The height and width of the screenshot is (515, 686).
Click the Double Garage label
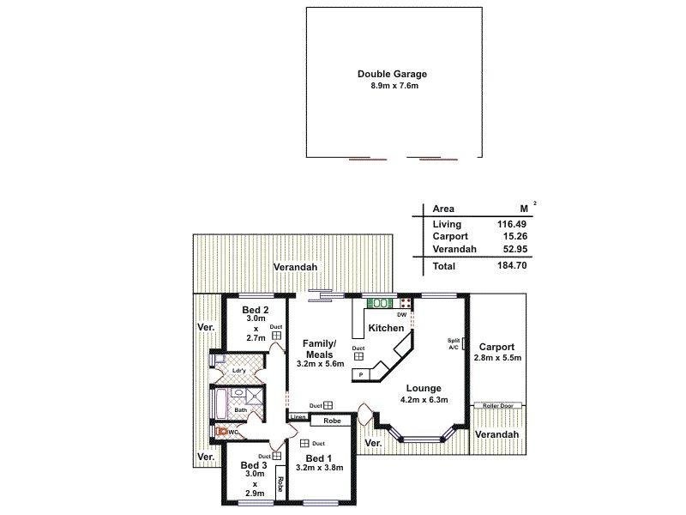click(x=392, y=75)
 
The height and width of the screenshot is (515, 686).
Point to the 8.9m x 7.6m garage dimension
click(x=392, y=87)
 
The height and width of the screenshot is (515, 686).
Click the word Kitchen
click(x=386, y=329)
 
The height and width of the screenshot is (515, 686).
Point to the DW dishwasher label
click(x=401, y=315)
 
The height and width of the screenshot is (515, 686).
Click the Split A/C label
click(x=454, y=343)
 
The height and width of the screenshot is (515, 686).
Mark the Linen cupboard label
click(x=298, y=417)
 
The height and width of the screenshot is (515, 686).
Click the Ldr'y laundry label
click(x=240, y=372)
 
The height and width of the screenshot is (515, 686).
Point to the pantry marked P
click(x=362, y=374)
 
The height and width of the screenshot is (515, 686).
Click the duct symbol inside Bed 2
click(x=277, y=336)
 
